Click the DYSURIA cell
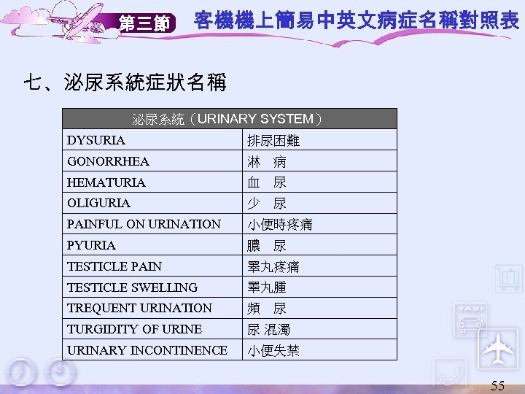[96, 140]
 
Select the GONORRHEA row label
[108, 161]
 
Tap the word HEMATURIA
[106, 182]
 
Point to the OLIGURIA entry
[98, 203]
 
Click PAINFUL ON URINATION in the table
[144, 224]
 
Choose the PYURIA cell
[91, 245]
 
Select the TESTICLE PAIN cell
[114, 266]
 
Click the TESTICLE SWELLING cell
[132, 287]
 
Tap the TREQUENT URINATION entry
[139, 308]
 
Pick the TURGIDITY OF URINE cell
[134, 329]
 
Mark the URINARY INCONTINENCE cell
[147, 350]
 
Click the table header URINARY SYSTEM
[227, 119]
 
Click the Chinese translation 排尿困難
[273, 140]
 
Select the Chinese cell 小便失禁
[273, 351]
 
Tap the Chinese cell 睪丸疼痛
[273, 267]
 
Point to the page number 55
[497, 385]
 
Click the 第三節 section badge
[144, 24]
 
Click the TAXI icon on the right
[471, 315]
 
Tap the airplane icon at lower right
[498, 349]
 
